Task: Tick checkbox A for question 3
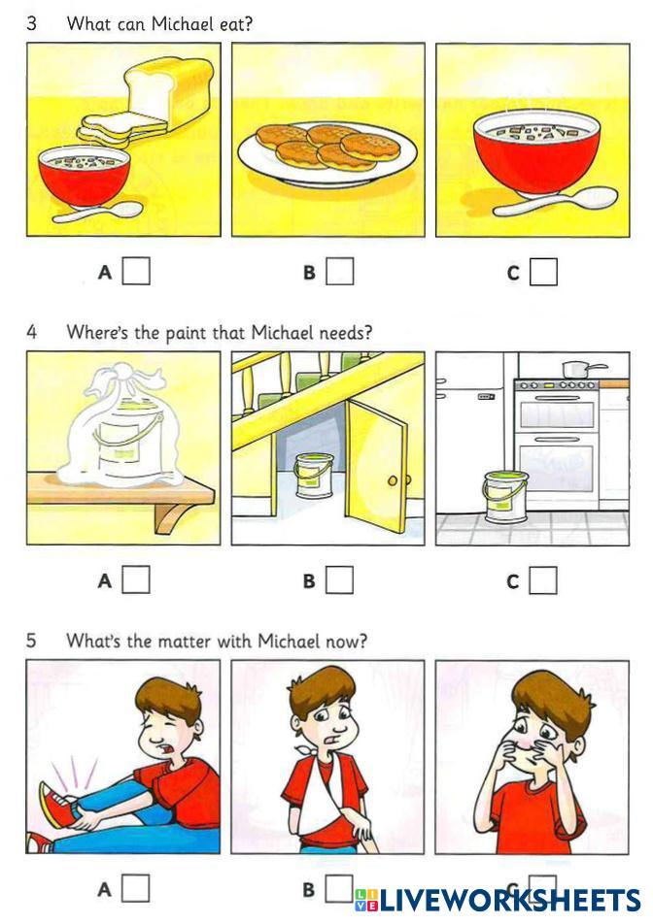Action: [136, 272]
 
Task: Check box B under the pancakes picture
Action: [340, 272]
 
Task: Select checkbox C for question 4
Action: [543, 580]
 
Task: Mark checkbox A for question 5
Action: [135, 888]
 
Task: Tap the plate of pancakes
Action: [327, 151]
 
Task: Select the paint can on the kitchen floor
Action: [505, 496]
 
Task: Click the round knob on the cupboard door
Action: [393, 480]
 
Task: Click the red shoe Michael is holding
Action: [56, 804]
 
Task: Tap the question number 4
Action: [32, 332]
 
